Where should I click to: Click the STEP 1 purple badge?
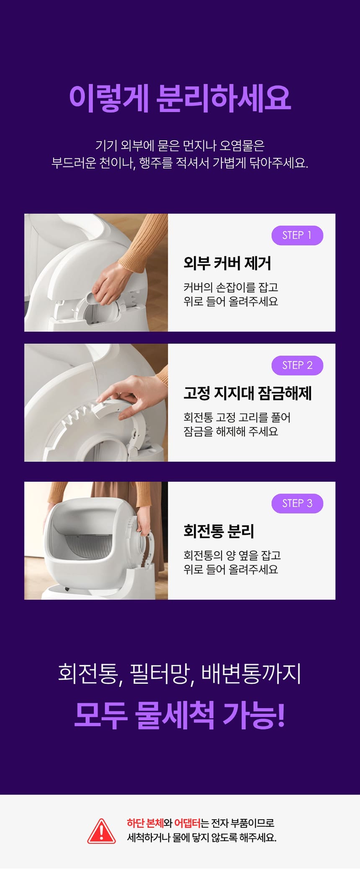pos(297,235)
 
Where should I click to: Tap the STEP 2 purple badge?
pos(297,365)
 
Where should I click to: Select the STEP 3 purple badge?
pos(297,503)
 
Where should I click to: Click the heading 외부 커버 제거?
pos(227,263)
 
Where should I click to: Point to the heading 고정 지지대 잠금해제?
pos(247,393)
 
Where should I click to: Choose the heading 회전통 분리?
pos(219,531)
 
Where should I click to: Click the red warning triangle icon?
pos(101,831)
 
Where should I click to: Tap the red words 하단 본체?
pos(145,823)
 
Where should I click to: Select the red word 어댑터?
pos(187,823)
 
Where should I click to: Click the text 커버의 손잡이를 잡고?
pos(231,287)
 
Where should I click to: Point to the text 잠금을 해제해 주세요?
pos(231,431)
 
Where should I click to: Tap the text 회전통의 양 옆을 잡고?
pos(232,555)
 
